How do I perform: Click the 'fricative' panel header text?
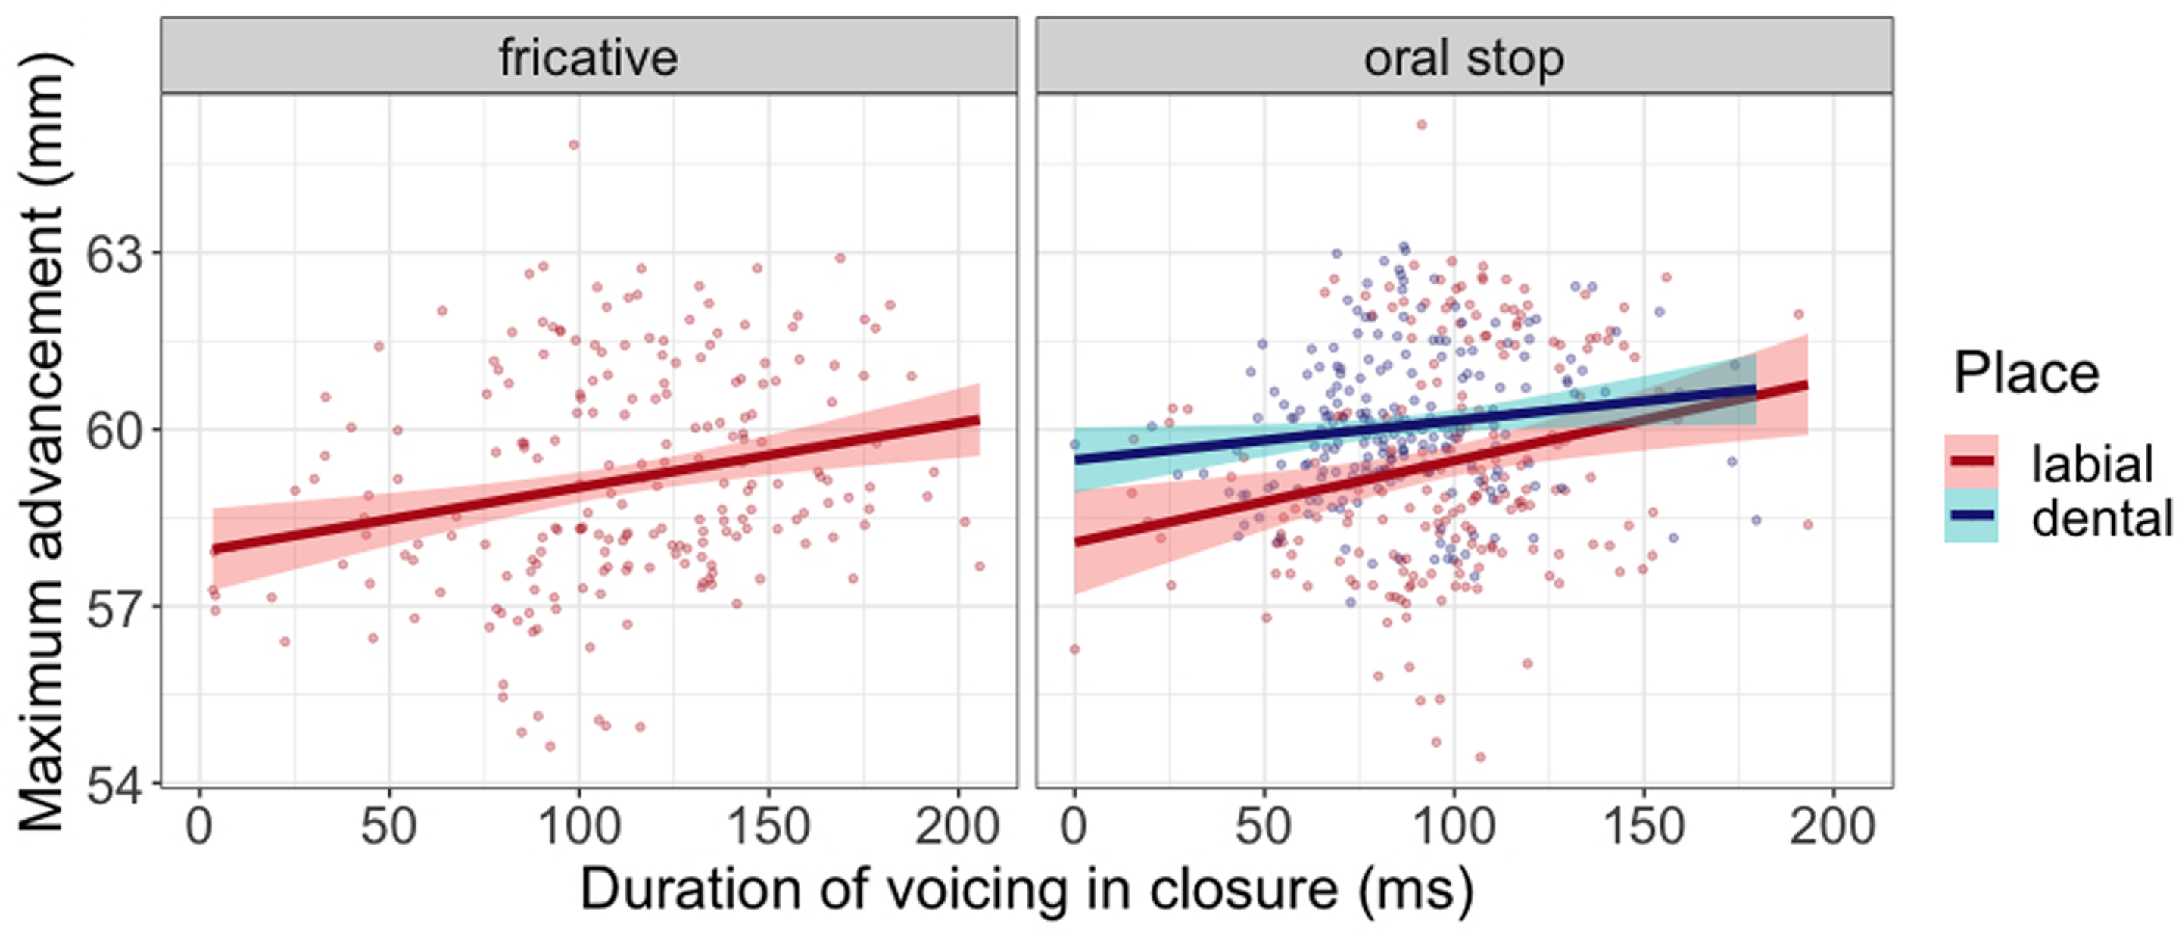588,57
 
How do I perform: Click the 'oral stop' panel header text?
1464,57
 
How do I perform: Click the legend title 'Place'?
2026,373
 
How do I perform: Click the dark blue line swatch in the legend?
1972,516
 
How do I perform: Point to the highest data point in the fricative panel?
574,145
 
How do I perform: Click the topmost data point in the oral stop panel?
1421,125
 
